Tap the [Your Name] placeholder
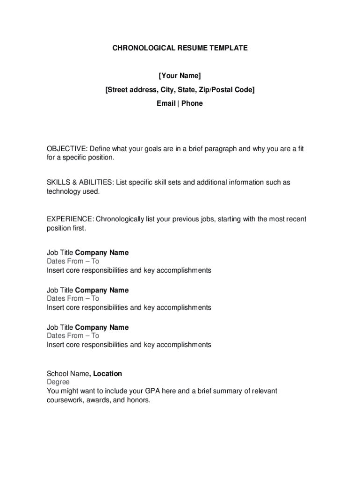180,76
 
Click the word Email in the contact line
166,103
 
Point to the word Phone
192,103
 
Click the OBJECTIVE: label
66,149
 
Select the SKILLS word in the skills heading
58,182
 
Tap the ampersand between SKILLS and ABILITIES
74,182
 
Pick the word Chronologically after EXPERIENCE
120,219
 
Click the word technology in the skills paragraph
64,191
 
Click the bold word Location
108,374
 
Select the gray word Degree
58,382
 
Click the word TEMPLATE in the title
229,48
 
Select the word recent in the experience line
295,219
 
